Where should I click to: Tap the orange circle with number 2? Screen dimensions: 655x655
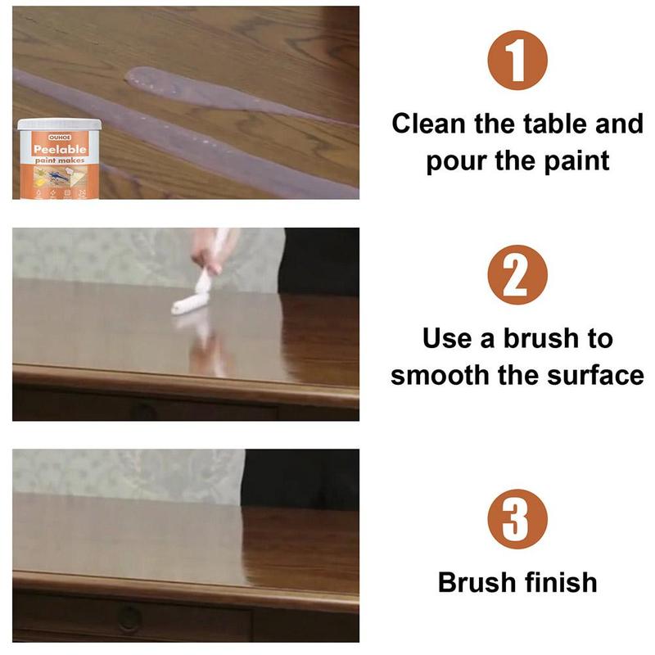tap(517, 278)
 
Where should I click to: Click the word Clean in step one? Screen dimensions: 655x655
tap(432, 124)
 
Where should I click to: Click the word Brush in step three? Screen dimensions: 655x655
tap(475, 582)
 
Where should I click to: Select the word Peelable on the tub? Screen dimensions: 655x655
tap(60, 150)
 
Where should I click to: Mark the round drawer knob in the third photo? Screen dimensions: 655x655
tap(129, 617)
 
